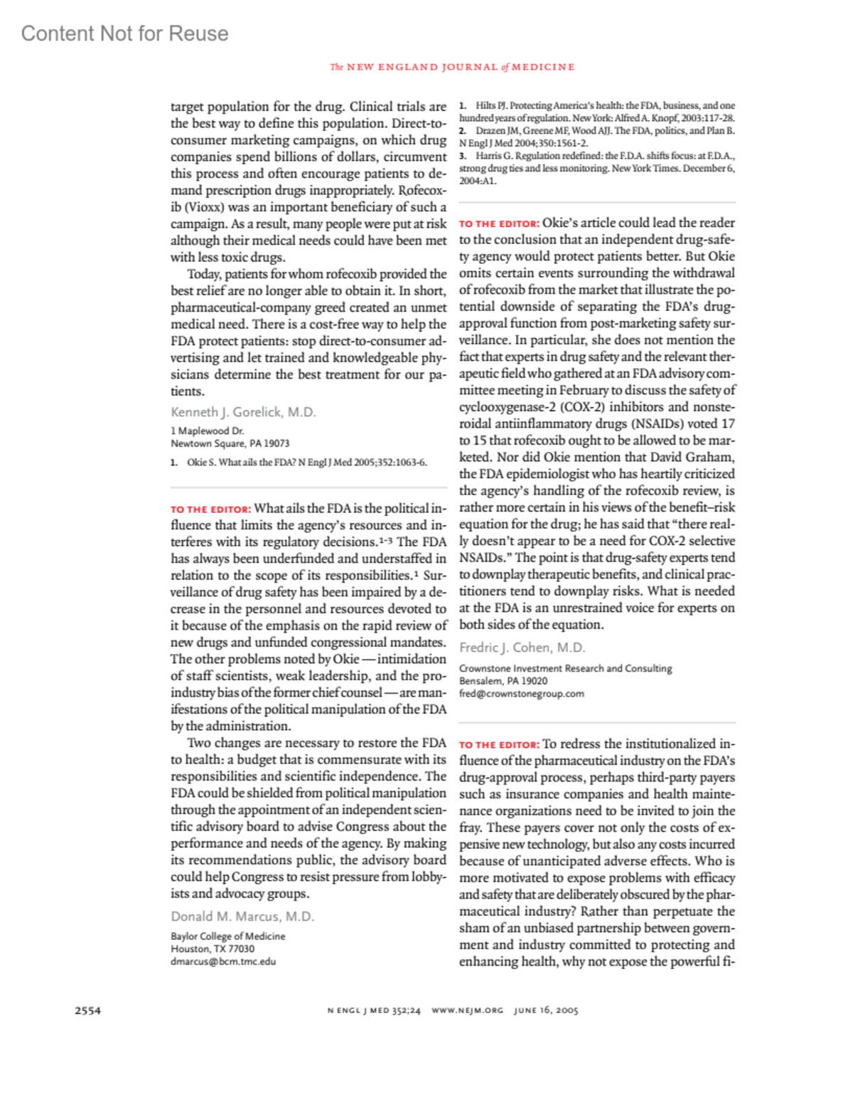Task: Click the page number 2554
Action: (x=87, y=1010)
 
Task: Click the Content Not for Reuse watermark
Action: (x=124, y=33)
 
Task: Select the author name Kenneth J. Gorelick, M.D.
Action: (x=243, y=412)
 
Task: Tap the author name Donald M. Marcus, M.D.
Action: (x=242, y=916)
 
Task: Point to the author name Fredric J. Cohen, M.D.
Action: (x=522, y=647)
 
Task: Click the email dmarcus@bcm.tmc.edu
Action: (x=223, y=961)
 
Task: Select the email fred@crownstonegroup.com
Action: (x=521, y=694)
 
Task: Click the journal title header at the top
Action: (x=452, y=67)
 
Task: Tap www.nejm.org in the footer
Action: (x=467, y=1010)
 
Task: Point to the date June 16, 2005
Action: (x=546, y=1010)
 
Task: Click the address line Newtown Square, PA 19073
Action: (x=230, y=443)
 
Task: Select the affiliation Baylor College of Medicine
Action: (x=227, y=936)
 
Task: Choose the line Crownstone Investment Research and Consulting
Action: (x=565, y=669)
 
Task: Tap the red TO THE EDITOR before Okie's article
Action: (x=499, y=223)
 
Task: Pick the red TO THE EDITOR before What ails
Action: (x=210, y=509)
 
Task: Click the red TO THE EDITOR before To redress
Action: (x=499, y=745)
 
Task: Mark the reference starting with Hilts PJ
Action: (x=597, y=112)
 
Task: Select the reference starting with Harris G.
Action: (x=597, y=168)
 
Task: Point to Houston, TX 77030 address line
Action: (x=213, y=949)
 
